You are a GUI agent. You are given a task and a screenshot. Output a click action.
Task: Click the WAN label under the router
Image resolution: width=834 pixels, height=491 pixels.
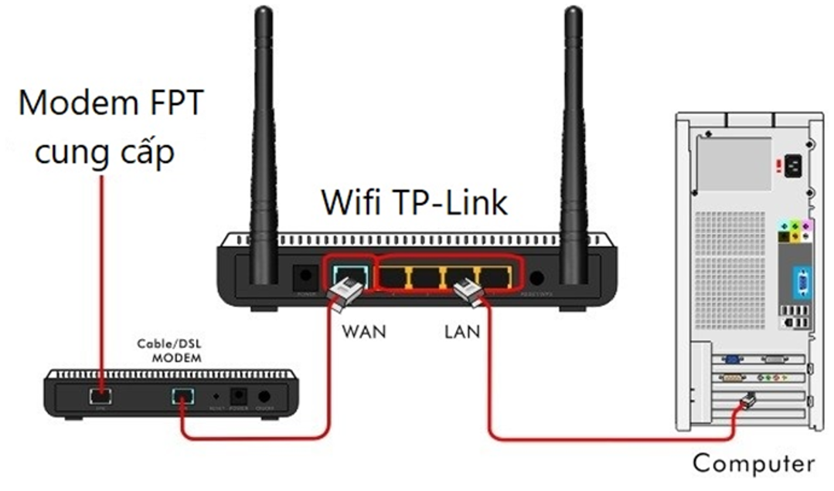[364, 333]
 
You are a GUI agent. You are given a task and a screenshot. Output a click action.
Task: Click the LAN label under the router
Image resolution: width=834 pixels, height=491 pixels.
[462, 333]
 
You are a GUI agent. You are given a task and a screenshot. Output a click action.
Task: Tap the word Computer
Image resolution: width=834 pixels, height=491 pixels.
[753, 463]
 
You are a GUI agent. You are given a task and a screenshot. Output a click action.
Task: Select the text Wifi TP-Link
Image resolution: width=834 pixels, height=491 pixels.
[415, 202]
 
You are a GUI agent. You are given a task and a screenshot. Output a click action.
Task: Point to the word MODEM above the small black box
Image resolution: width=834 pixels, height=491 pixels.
[176, 358]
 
